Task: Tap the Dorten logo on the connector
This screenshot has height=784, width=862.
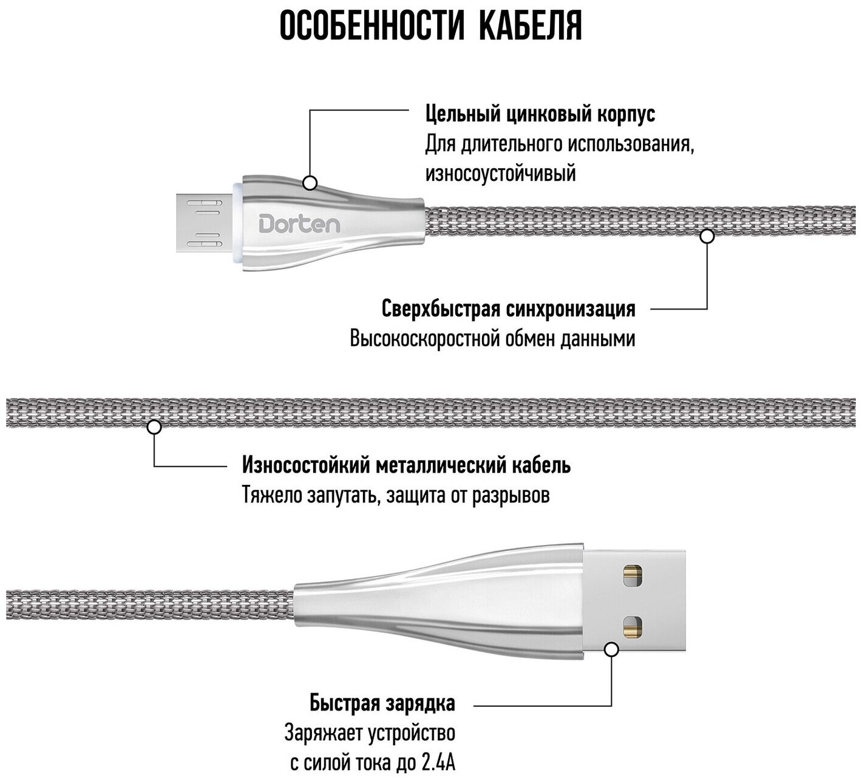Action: click(300, 225)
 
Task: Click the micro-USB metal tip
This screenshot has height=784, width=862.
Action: click(200, 224)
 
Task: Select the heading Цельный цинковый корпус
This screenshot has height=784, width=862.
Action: click(540, 114)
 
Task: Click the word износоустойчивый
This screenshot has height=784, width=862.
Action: click(500, 175)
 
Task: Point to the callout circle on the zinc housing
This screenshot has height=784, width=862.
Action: click(311, 182)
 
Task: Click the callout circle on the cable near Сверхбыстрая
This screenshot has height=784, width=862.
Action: click(707, 236)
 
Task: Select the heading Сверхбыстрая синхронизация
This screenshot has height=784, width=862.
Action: click(509, 309)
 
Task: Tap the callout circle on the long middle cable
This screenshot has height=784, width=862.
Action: click(154, 427)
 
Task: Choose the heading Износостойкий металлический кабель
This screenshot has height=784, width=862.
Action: click(406, 465)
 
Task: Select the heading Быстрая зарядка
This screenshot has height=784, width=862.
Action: click(382, 705)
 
